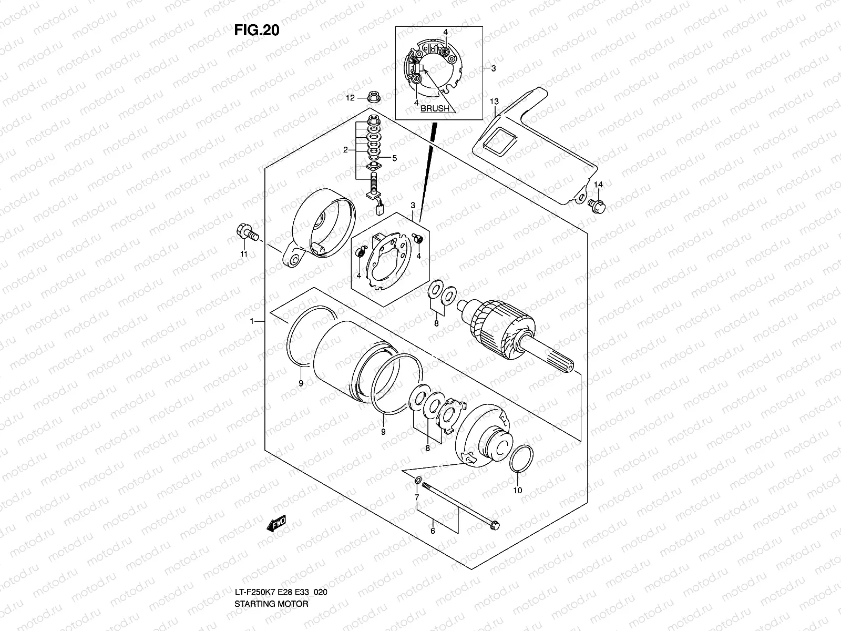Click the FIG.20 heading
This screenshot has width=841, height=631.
(257, 30)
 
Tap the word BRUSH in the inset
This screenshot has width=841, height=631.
(435, 109)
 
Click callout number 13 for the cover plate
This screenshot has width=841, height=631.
(494, 101)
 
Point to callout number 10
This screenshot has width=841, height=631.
(517, 490)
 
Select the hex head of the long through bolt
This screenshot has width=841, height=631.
(494, 524)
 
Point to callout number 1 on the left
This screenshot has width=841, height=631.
(253, 321)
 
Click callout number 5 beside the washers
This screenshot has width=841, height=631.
(394, 158)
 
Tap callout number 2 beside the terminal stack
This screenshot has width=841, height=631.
(346, 150)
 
